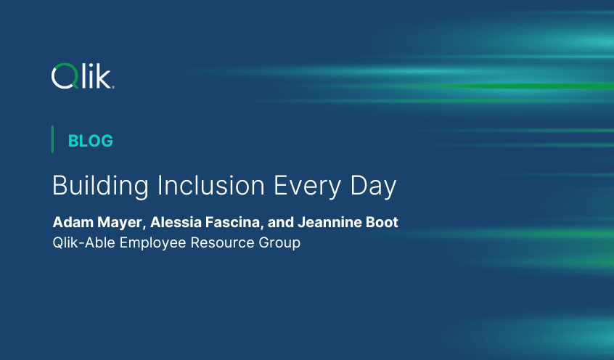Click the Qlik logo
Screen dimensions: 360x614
[x=82, y=75]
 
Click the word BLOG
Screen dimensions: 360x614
[x=90, y=141]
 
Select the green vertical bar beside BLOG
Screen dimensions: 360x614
[x=52, y=139]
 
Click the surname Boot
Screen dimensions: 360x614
[x=382, y=222]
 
